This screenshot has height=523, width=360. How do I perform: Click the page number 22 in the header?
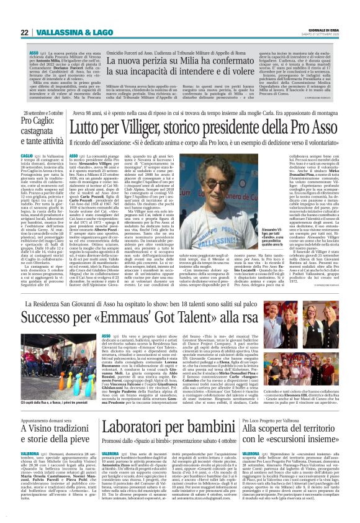pos(24,32)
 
